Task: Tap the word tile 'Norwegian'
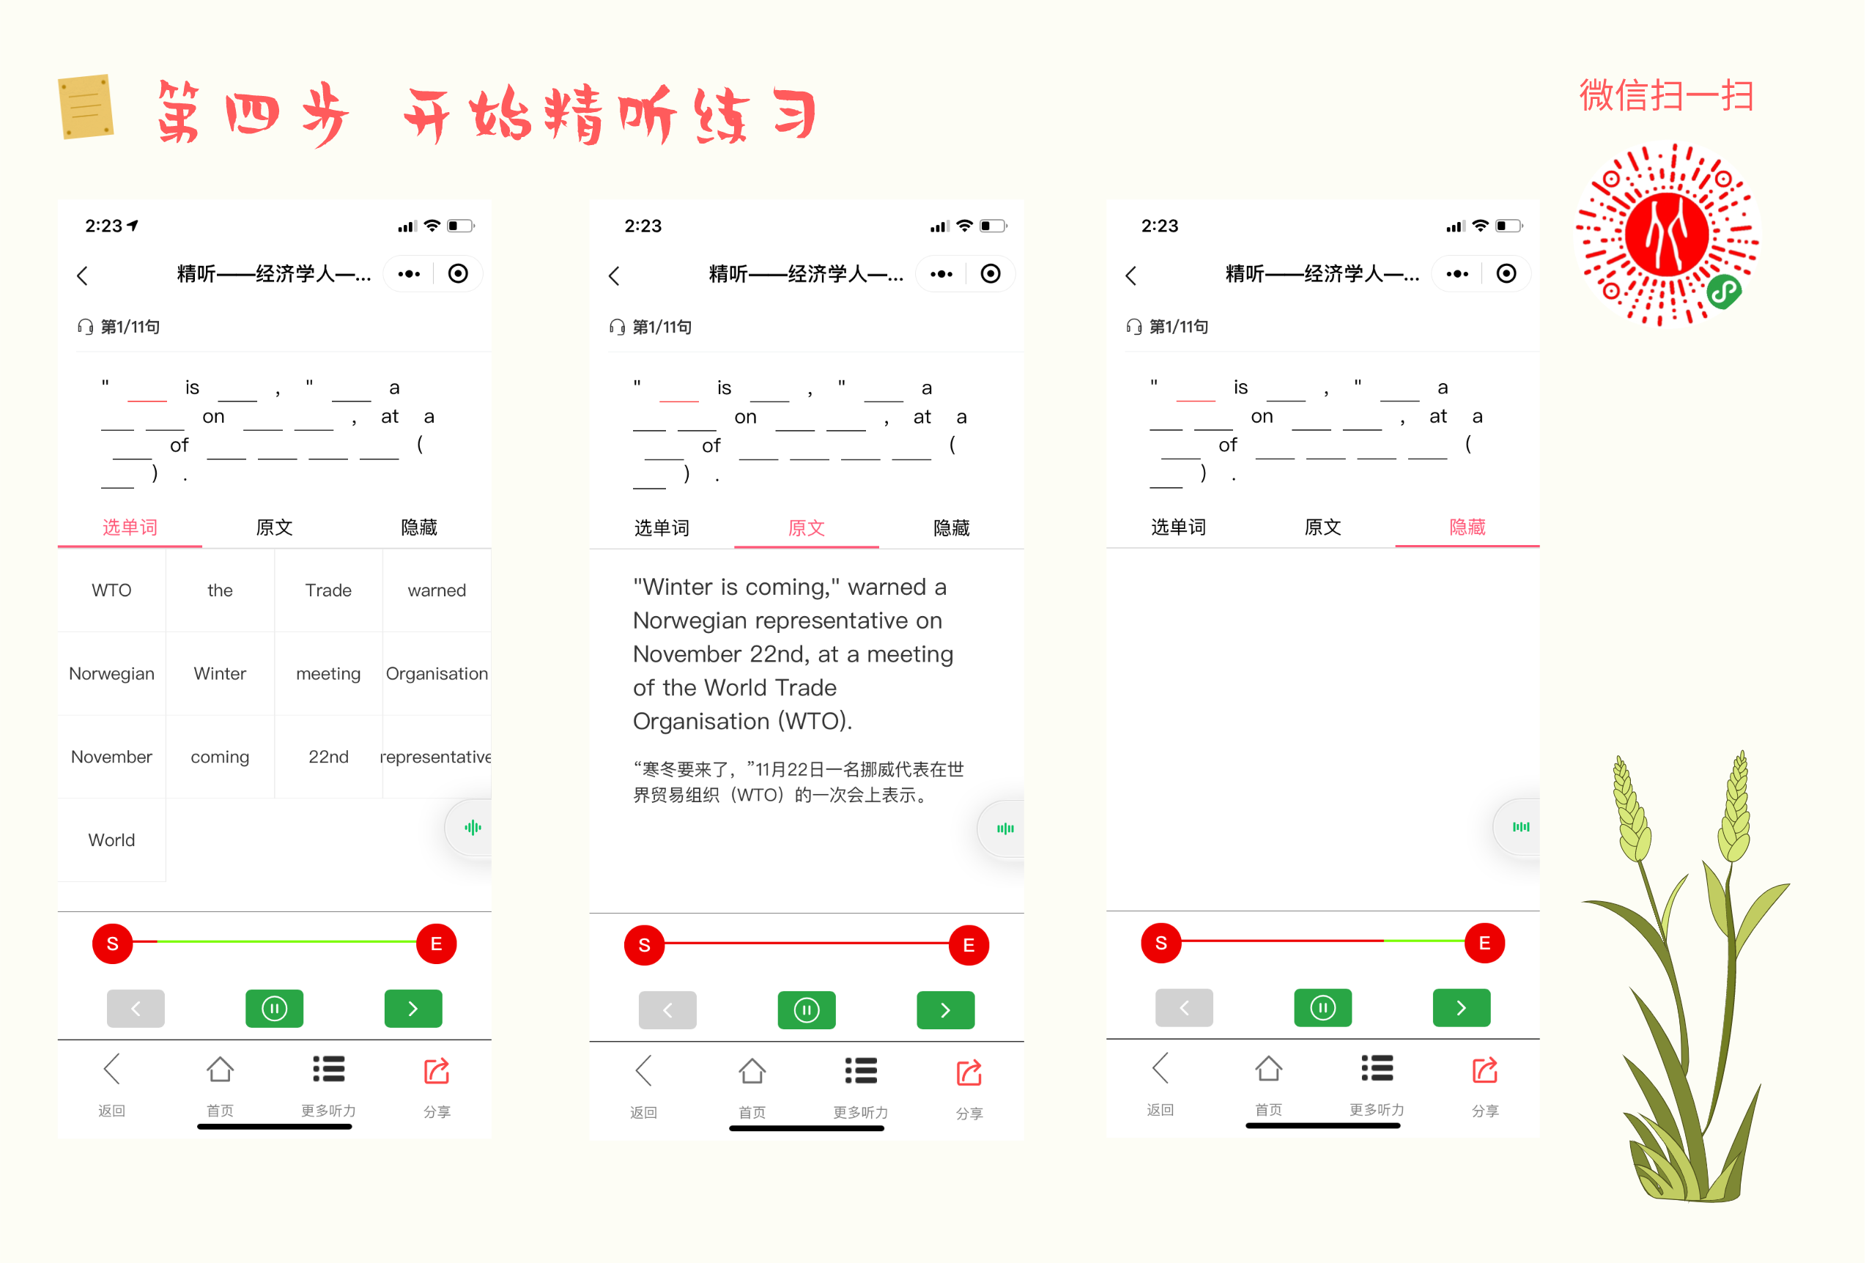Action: click(x=112, y=674)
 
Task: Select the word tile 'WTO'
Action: click(x=112, y=590)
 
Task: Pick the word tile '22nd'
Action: click(x=328, y=757)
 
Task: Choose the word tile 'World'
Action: click(x=112, y=840)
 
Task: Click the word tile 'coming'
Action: click(x=220, y=757)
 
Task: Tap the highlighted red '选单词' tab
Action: click(x=130, y=527)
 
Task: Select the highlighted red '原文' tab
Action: click(x=806, y=528)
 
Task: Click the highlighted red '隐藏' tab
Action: click(x=1467, y=527)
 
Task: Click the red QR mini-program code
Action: click(x=1667, y=234)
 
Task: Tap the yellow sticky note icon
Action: click(x=86, y=106)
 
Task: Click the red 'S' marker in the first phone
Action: click(x=113, y=944)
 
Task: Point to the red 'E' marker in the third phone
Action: click(x=1484, y=943)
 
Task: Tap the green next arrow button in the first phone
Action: click(x=413, y=1008)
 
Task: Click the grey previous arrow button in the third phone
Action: click(x=1184, y=1007)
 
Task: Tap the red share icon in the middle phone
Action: click(x=969, y=1073)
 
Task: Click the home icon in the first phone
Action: click(x=220, y=1070)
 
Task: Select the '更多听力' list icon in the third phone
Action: click(x=1377, y=1068)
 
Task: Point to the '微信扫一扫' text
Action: click(x=1665, y=96)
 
